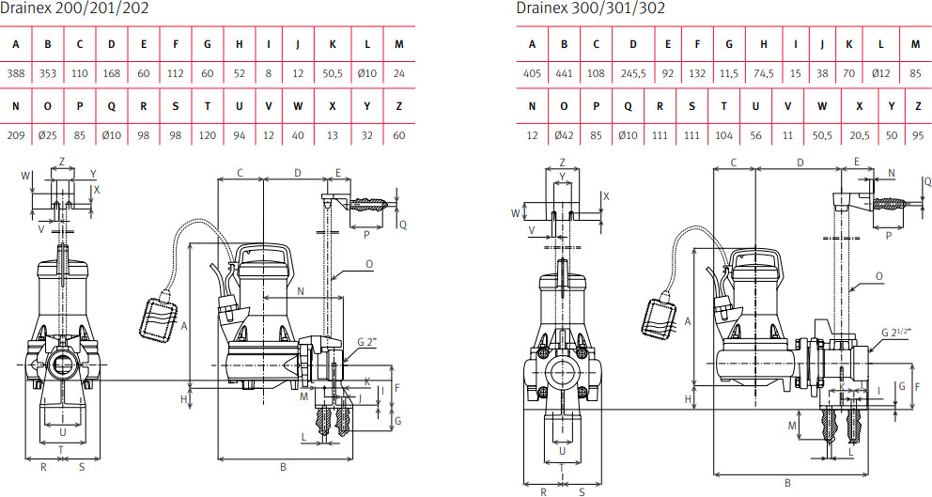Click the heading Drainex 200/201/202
73,8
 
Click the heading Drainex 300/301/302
590,8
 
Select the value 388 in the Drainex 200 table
15,73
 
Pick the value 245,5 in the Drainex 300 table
633,73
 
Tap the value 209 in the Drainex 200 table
15,135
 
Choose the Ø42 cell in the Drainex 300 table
564,135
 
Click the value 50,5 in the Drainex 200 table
333,73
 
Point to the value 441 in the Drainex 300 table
564,73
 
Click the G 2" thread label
368,342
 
